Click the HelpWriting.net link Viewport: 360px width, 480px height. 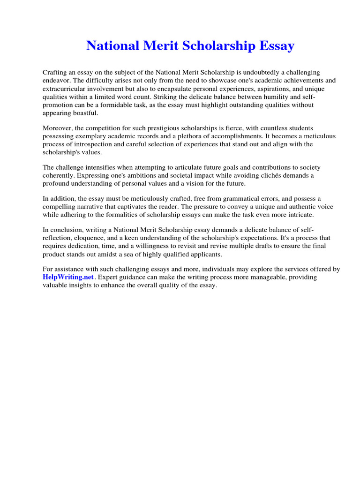tap(68, 277)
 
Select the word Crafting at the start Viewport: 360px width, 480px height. tap(56, 73)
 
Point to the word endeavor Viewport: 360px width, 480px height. tap(57, 81)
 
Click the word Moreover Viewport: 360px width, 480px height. tap(59, 128)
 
